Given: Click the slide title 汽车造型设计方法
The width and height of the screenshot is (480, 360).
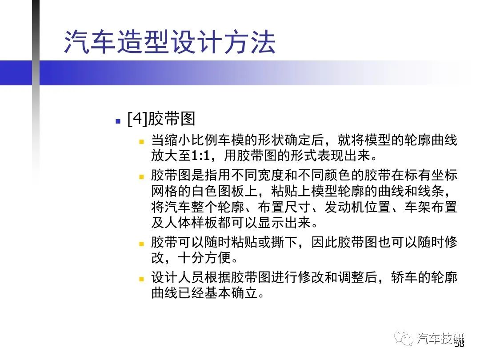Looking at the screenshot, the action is [170, 42].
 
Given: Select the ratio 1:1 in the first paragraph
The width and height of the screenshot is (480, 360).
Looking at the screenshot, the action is [201, 156].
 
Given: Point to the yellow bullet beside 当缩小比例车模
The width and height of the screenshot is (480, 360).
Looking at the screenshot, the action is [141, 142].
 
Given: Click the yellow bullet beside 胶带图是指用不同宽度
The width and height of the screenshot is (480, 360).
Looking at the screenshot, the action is [141, 176].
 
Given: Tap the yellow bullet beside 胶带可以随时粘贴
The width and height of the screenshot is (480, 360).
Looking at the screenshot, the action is [141, 244].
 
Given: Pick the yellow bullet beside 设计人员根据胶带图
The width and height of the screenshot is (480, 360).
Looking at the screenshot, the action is [141, 279].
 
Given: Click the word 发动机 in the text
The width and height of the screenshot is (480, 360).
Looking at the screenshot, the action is [344, 207].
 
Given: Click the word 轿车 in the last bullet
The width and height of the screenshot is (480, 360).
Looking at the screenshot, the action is [404, 278].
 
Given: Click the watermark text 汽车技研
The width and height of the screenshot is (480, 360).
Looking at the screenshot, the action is [440, 338].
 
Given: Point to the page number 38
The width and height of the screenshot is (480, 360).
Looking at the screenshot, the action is [459, 344].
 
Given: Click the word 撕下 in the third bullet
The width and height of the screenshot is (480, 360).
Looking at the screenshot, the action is [284, 242].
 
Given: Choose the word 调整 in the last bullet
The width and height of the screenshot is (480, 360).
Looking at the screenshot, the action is [351, 278].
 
